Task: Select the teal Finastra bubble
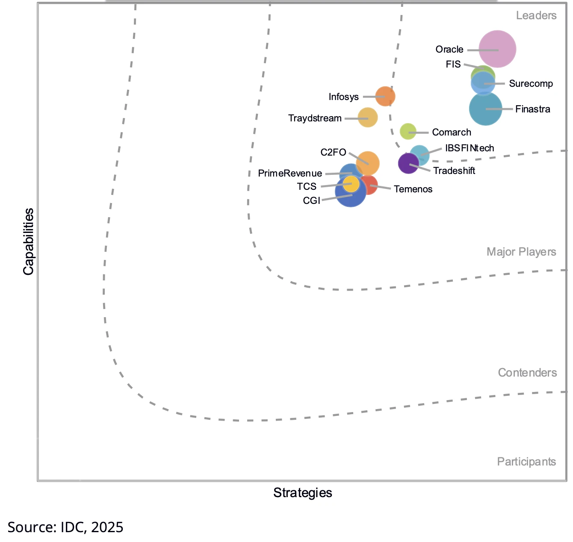click(485, 109)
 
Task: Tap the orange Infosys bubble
click(385, 96)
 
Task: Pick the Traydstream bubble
click(368, 117)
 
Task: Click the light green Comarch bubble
click(408, 131)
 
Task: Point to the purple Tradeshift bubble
click(408, 163)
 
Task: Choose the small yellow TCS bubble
click(351, 184)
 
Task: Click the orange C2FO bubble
click(368, 163)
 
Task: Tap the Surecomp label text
click(531, 84)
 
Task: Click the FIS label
click(453, 65)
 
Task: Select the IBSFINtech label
click(470, 148)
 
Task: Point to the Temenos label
click(413, 189)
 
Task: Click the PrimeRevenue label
click(290, 173)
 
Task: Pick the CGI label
click(311, 200)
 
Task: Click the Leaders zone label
click(536, 16)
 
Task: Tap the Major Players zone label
click(521, 252)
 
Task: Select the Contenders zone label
click(527, 373)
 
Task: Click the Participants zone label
click(526, 462)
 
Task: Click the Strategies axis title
click(303, 493)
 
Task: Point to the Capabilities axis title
click(28, 242)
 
